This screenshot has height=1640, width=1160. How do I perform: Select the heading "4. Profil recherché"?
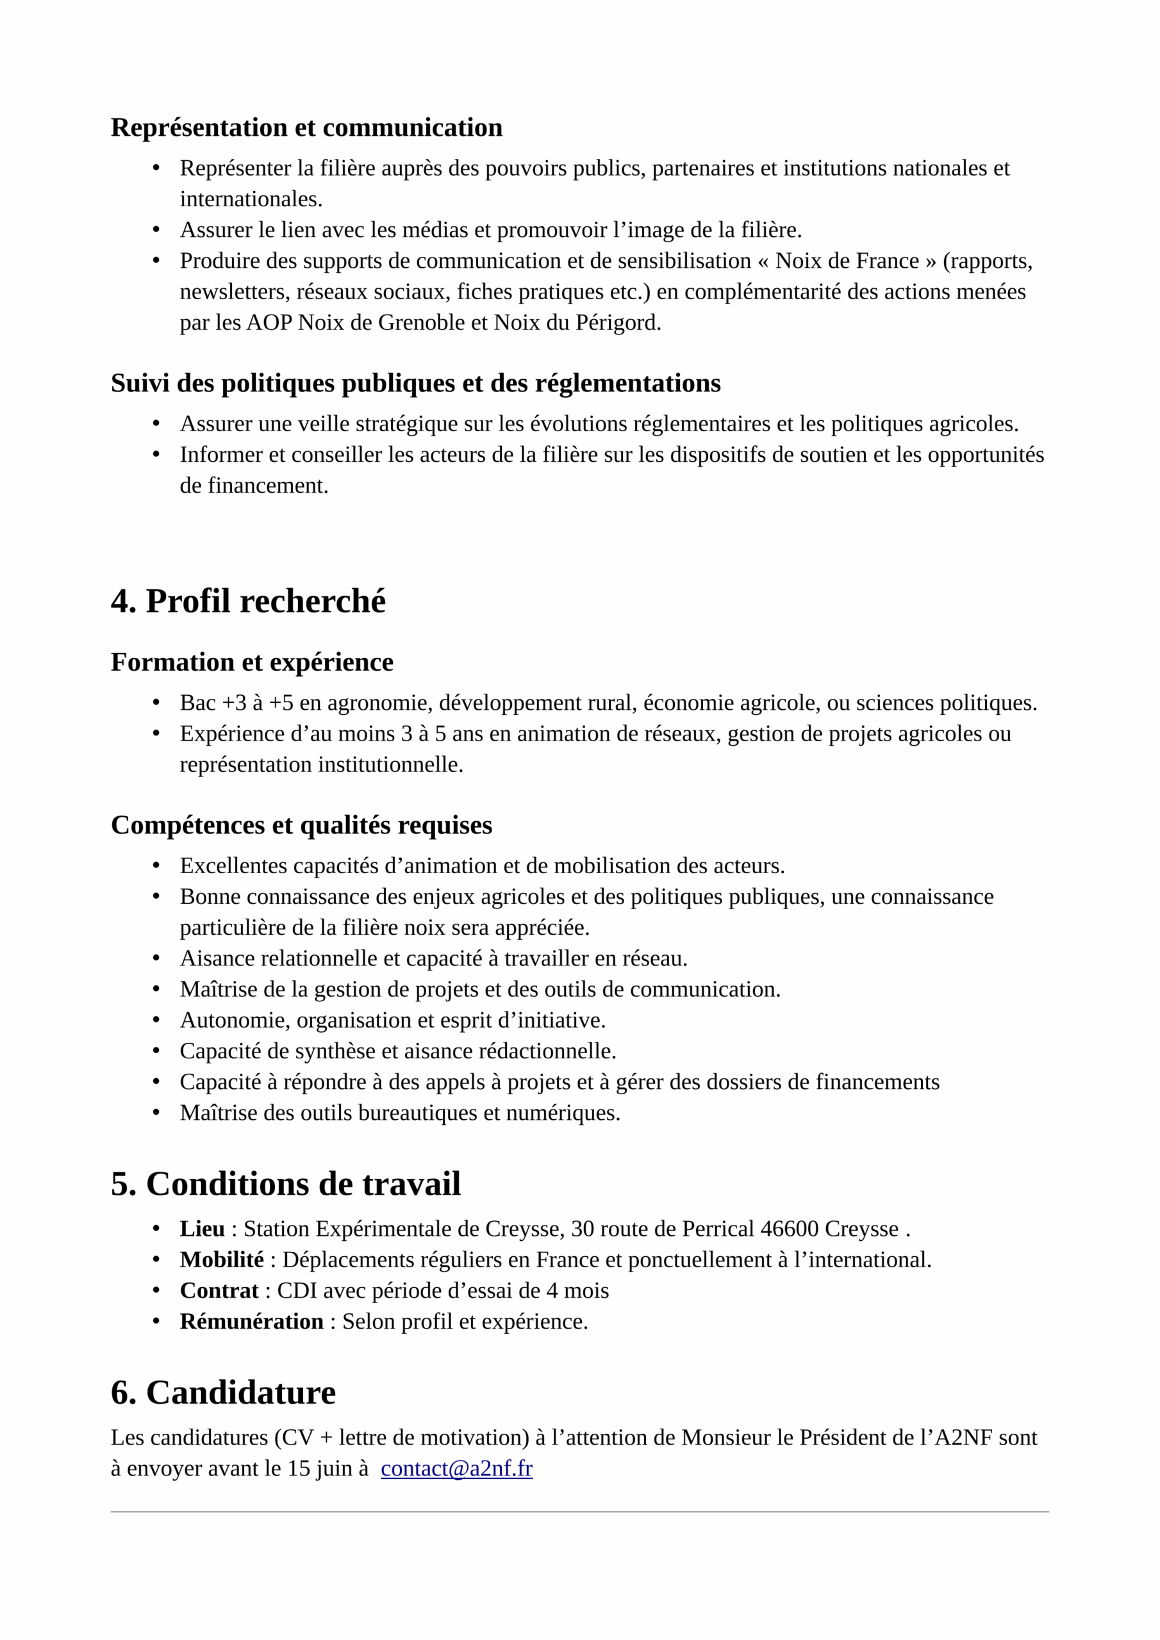tap(248, 601)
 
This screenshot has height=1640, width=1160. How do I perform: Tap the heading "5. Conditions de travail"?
tap(285, 1185)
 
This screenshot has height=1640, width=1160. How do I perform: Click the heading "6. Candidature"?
tap(223, 1393)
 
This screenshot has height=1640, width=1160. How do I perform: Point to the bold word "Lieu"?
tap(203, 1229)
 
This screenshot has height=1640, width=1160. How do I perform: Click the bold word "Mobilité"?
tap(222, 1259)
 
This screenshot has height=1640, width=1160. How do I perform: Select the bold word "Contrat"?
tap(219, 1290)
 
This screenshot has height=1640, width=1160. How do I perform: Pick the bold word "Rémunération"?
tap(252, 1321)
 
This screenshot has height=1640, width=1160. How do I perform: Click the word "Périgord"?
tap(617, 323)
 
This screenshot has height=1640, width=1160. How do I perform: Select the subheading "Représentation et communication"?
tap(306, 127)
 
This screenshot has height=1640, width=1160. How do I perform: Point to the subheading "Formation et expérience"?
tap(252, 662)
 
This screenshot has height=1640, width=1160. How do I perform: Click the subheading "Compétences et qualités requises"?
tap(302, 825)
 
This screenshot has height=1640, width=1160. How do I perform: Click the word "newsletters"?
tap(235, 291)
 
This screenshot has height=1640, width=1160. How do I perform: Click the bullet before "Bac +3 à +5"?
tap(156, 703)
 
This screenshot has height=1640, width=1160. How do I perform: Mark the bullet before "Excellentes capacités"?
tap(156, 865)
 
